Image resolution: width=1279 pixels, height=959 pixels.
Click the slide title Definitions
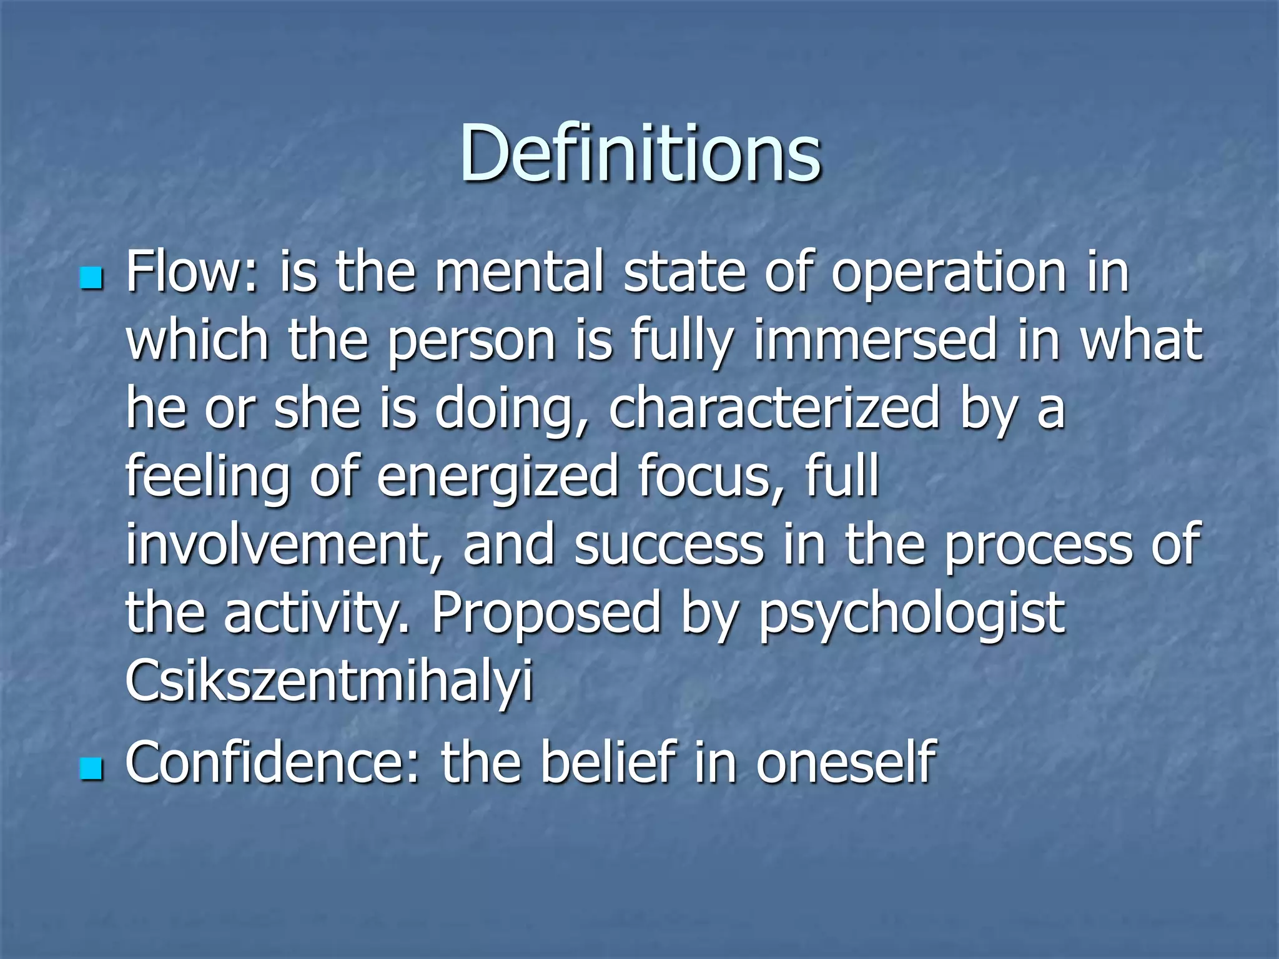pos(640,153)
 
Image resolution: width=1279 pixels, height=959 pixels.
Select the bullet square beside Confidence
pos(91,769)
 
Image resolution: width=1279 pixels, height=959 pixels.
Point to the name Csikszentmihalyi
pos(329,681)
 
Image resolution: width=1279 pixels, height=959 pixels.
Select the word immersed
pos(875,341)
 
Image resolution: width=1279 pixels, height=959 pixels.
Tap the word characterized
pos(774,409)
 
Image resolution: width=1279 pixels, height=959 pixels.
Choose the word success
pos(669,544)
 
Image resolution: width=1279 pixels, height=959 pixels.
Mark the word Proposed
pos(546,613)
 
